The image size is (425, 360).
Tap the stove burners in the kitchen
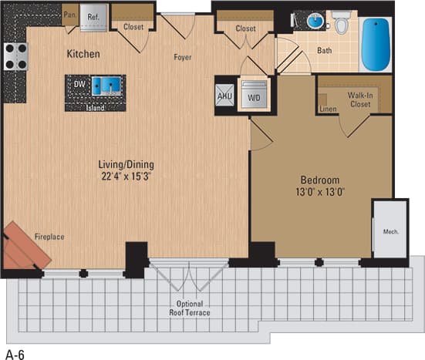[x=15, y=56]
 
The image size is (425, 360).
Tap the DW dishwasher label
[x=79, y=84]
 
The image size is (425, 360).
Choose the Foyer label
[x=183, y=56]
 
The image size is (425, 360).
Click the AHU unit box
[x=224, y=97]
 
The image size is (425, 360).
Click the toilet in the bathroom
[x=342, y=24]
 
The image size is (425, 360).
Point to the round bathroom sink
[x=315, y=21]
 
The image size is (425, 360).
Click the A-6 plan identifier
[x=15, y=354]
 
